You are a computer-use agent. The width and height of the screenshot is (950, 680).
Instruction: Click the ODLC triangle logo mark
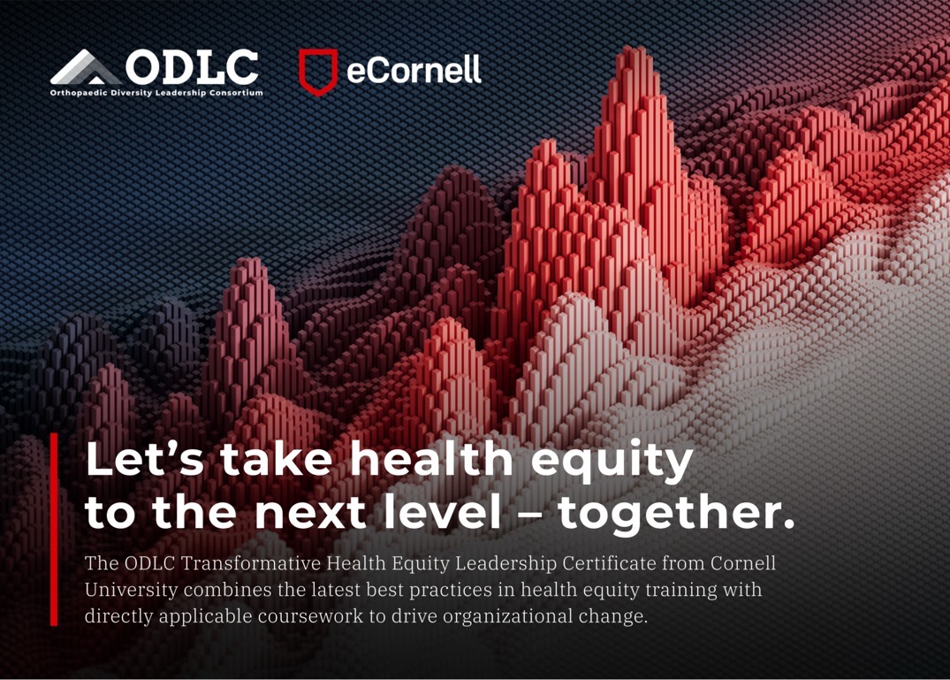[86, 69]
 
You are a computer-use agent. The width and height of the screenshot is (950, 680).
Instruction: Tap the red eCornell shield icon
[317, 72]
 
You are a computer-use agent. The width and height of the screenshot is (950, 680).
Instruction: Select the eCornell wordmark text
[414, 70]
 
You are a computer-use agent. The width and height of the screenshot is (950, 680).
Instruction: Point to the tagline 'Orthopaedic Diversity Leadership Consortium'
[156, 92]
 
